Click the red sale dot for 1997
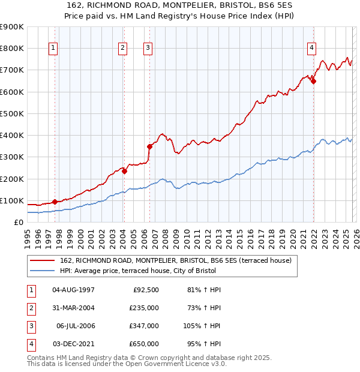point(55,202)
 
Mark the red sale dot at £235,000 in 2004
point(125,171)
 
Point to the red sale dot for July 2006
point(149,146)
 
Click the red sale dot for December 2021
point(313,82)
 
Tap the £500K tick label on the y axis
point(11,113)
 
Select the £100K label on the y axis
point(11,200)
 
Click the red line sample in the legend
point(43,260)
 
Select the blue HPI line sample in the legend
point(43,271)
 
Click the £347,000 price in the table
point(145,326)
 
